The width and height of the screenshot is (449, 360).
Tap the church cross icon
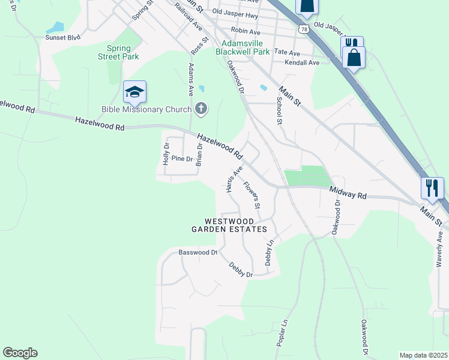point(201,109)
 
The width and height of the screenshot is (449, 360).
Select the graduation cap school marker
point(135,92)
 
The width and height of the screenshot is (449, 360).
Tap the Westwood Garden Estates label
point(229,225)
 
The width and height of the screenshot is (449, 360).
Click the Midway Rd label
point(348,192)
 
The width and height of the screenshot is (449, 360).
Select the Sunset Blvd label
point(63,37)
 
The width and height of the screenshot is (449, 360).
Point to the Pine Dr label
point(182,159)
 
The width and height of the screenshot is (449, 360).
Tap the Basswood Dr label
point(197,253)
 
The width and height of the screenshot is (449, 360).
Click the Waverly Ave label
point(440,247)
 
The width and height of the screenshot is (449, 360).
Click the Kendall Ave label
point(303,62)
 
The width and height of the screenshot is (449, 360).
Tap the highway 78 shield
point(305,29)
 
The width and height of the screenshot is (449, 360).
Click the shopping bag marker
point(354,58)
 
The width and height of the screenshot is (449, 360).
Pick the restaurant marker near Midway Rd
point(432,188)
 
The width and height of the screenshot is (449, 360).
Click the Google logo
point(20,353)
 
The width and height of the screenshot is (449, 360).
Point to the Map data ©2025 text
point(424,355)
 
